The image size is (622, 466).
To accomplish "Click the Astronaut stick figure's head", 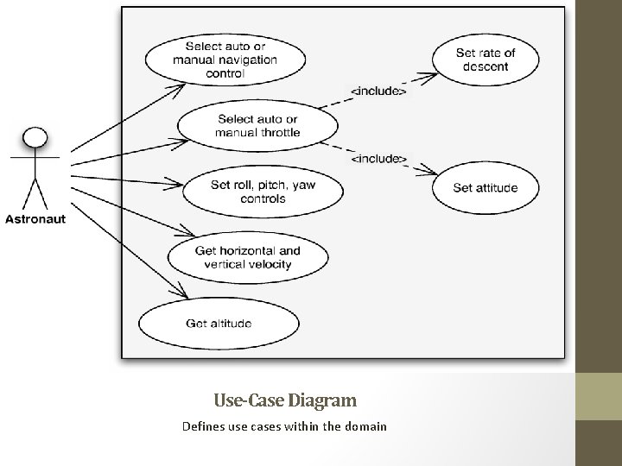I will point(34,138).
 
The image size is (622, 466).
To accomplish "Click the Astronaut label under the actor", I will point(35,219).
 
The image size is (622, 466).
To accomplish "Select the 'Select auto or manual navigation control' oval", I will point(225,60).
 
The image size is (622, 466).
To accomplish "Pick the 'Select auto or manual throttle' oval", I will point(258,126).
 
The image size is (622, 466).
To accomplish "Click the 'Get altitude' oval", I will point(219,324).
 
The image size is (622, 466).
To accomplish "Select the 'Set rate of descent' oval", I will point(485,60).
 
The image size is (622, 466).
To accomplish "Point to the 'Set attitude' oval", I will point(485,187).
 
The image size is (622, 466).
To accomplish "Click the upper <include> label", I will point(377,90).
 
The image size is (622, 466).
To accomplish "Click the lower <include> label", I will point(378,158).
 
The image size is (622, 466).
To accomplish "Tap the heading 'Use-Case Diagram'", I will point(284,400).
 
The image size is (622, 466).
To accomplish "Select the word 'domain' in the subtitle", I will point(365,426).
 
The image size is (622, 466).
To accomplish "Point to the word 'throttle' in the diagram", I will point(278,133).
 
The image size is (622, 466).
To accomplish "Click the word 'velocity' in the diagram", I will point(268,264).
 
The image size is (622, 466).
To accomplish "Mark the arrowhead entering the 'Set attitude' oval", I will point(429,170).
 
